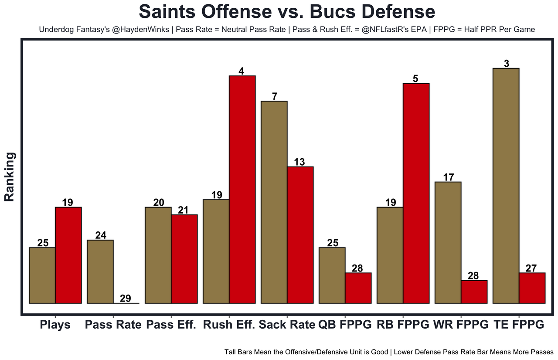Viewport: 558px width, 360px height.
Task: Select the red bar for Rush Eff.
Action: click(242, 190)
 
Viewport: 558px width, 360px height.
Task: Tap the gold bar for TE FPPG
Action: click(506, 186)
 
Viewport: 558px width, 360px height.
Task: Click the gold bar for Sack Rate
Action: click(274, 202)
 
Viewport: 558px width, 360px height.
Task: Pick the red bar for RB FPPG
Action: click(416, 193)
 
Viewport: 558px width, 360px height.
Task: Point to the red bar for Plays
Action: click(68, 255)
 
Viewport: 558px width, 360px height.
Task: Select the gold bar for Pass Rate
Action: click(100, 271)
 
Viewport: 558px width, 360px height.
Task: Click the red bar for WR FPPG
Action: click(474, 292)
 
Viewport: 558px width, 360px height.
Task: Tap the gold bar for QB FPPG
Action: click(332, 275)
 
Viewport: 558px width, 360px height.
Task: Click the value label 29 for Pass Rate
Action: click(126, 299)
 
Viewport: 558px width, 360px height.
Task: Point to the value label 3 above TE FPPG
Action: click(506, 64)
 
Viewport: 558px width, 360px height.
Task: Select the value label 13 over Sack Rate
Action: click(299, 162)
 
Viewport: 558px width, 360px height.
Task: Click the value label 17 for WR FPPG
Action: click(448, 177)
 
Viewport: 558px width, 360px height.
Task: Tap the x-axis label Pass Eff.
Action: click(171, 325)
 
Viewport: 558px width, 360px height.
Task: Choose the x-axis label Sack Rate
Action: click(287, 325)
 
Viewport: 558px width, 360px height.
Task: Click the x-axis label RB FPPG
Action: click(403, 325)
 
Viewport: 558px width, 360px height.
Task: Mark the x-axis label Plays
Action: click(55, 325)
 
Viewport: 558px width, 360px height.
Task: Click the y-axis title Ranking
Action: click(10, 177)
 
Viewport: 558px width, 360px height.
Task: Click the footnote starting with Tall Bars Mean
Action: click(389, 351)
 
